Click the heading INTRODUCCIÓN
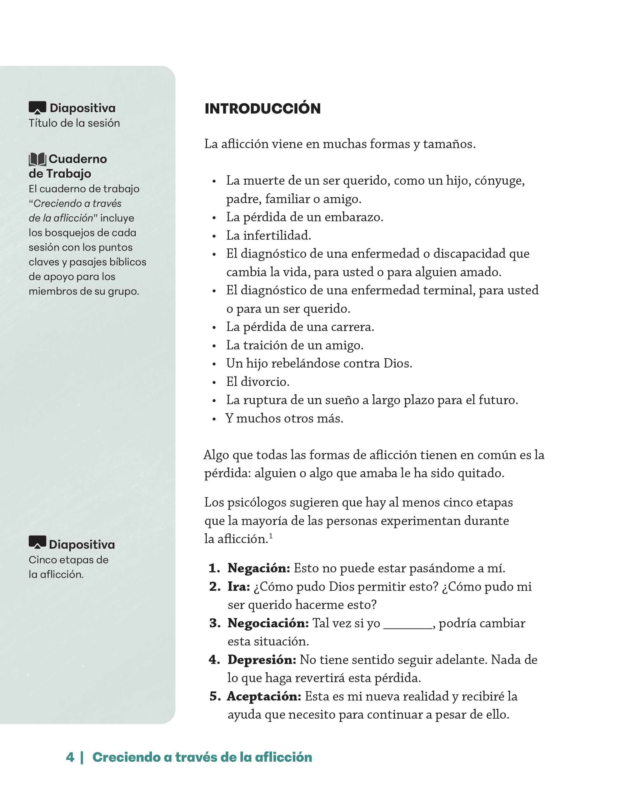[263, 109]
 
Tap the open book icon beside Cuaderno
[37, 159]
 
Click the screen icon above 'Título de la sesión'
[37, 108]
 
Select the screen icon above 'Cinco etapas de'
[37, 543]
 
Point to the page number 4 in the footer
[70, 757]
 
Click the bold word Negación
[259, 568]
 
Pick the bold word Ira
[239, 587]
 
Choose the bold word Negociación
[268, 623]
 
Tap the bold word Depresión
[262, 660]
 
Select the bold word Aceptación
[264, 696]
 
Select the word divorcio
[265, 382]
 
